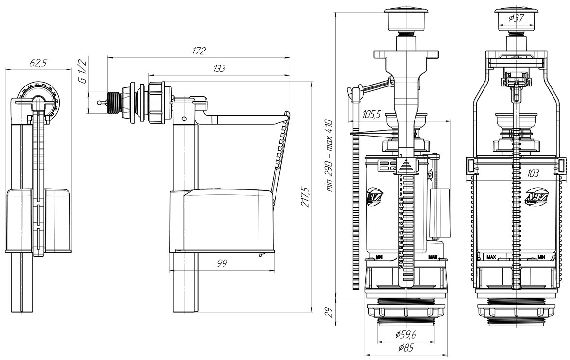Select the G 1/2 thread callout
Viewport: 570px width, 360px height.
83,71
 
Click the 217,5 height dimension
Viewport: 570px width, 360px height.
305,197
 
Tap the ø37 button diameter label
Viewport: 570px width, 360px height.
518,18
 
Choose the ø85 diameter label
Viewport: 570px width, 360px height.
404,348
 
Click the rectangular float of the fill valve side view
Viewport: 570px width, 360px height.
221,221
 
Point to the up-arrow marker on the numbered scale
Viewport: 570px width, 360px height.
402,168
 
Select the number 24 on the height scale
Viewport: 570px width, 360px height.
401,267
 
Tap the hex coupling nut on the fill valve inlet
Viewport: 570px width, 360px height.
158,103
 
